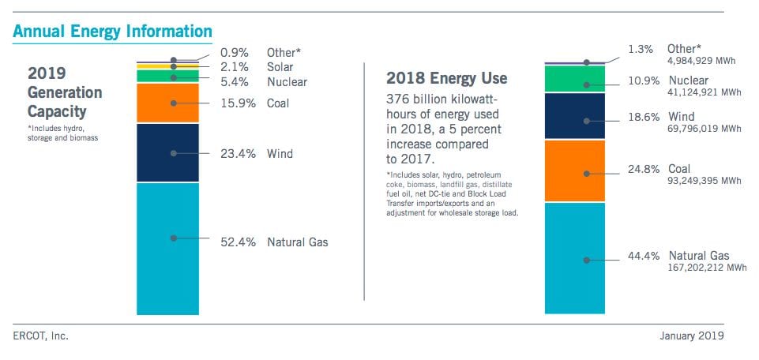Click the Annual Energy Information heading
[112, 32]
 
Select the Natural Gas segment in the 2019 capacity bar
[167, 249]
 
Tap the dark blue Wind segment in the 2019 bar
[167, 153]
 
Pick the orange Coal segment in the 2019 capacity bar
[167, 103]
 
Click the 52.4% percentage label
[238, 242]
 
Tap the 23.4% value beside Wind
[238, 154]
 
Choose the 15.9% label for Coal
[238, 103]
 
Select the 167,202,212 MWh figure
[705, 268]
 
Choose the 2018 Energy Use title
[446, 78]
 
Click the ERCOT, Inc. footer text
[40, 336]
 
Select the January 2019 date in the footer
[691, 336]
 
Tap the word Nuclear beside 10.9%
[689, 81]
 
